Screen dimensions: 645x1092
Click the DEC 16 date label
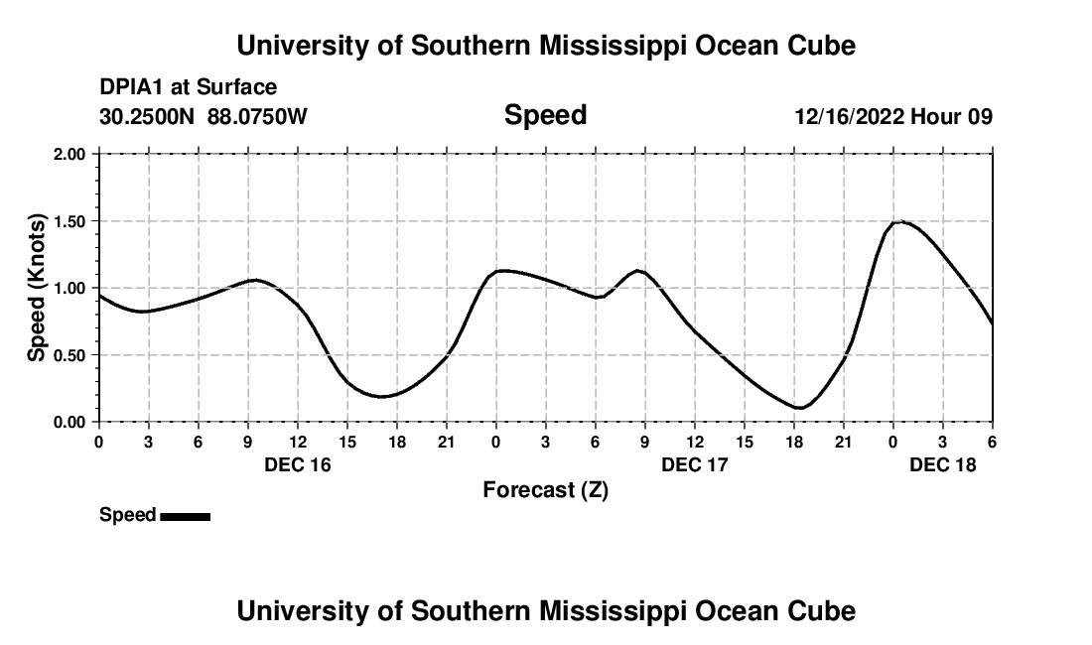[298, 464]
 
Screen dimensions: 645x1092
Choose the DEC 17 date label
[695, 464]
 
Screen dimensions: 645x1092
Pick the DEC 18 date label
[943, 464]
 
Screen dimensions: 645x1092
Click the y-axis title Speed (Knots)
[37, 288]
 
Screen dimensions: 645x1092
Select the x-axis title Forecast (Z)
[545, 490]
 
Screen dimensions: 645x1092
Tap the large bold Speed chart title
[545, 115]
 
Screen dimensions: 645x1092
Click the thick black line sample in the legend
[185, 516]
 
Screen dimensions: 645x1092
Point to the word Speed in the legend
[127, 515]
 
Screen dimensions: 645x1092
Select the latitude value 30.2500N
[148, 116]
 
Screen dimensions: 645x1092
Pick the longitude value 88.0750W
[257, 116]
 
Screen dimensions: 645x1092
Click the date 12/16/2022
[849, 116]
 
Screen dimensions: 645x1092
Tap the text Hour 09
[952, 116]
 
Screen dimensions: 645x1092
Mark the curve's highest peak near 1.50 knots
[900, 221]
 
